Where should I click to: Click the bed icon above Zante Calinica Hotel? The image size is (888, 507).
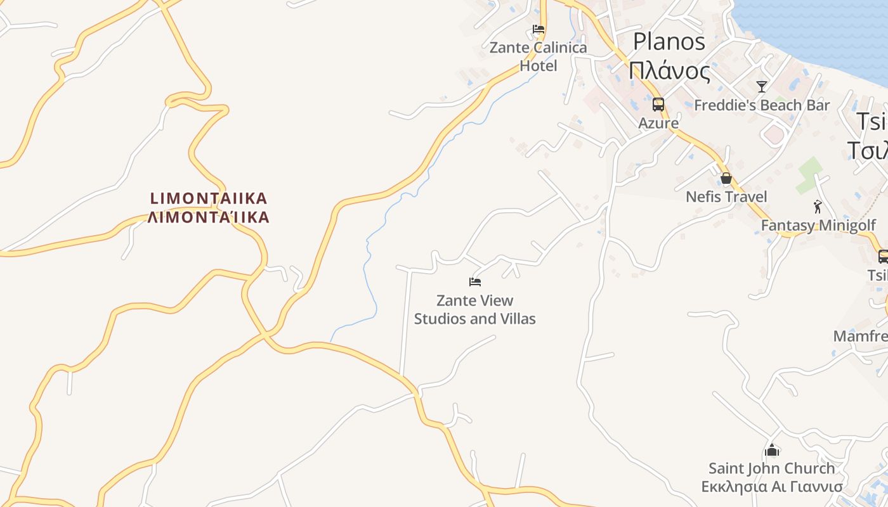point(539,29)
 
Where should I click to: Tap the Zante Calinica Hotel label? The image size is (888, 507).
point(539,56)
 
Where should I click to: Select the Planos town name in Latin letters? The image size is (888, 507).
point(669,42)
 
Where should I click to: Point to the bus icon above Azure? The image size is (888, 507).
point(658,105)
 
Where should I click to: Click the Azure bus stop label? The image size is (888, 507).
point(658,123)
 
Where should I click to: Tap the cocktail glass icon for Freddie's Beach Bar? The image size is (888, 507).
point(762,87)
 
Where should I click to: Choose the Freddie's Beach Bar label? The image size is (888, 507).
point(762,105)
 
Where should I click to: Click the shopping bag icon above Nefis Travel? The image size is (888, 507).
point(726,178)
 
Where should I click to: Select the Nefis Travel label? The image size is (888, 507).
point(726,197)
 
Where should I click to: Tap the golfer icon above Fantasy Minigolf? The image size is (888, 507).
point(818,207)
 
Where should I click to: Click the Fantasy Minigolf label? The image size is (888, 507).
point(818,225)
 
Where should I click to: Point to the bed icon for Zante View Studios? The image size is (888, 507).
point(475,282)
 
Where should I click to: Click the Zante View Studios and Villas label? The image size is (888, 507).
point(475,309)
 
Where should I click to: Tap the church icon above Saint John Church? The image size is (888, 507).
point(772,450)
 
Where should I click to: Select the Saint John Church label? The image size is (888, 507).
point(772,468)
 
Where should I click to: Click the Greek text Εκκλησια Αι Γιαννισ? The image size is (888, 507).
point(772,487)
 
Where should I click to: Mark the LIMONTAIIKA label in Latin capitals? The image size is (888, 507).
point(209,198)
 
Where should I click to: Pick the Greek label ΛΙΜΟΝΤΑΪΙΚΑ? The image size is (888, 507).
point(209,217)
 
